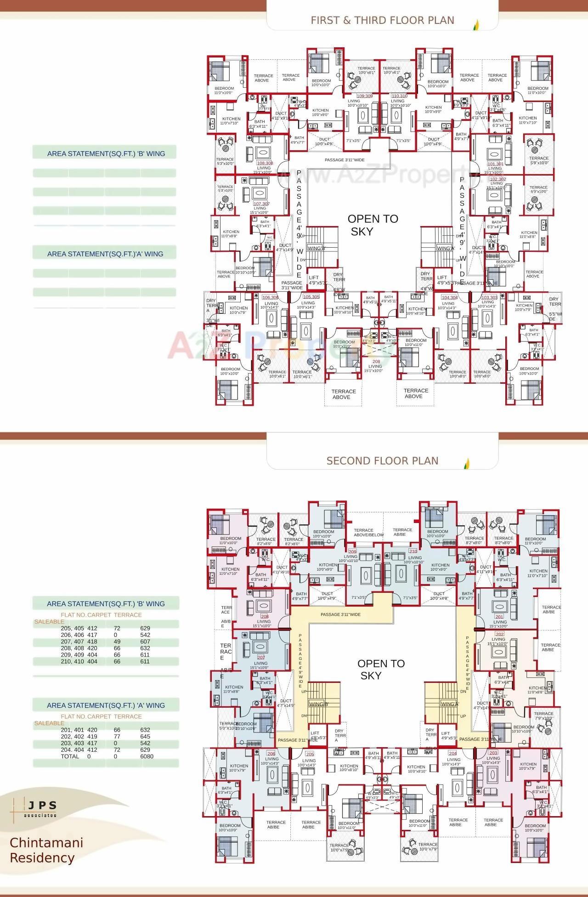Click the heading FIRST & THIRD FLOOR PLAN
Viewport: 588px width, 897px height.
(x=382, y=20)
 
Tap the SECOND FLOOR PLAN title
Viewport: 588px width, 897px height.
(x=382, y=460)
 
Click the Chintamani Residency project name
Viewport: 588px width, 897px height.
(x=46, y=850)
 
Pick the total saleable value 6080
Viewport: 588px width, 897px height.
(x=147, y=756)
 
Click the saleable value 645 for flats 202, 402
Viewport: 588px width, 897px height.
(x=145, y=736)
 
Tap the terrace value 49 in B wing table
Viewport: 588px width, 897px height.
(x=117, y=642)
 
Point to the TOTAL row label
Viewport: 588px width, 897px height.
(x=70, y=756)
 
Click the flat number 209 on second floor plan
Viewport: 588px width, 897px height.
(x=352, y=551)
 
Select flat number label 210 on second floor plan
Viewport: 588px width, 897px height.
(x=413, y=551)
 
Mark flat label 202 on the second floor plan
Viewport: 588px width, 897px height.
(x=499, y=634)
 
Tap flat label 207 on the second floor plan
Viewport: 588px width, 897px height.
(x=261, y=658)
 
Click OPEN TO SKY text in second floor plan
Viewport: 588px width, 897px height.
(x=380, y=669)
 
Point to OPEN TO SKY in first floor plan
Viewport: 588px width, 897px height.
(x=372, y=225)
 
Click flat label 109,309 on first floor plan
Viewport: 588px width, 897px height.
(x=364, y=96)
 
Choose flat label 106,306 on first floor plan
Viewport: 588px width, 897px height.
(x=270, y=297)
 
